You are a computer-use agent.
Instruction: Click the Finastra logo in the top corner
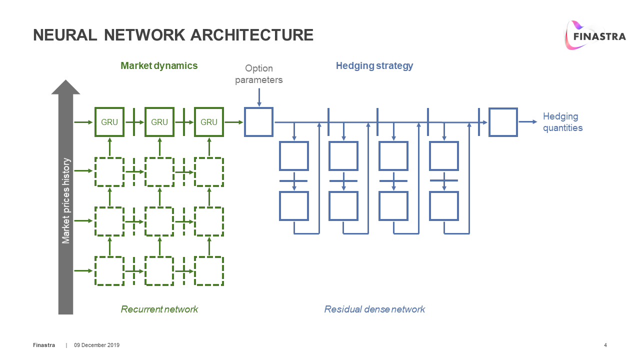(x=594, y=35)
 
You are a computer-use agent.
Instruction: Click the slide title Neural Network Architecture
(x=173, y=35)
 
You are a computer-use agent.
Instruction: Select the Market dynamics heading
(x=159, y=65)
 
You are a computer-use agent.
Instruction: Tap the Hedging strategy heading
(x=374, y=65)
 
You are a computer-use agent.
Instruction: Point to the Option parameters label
(x=258, y=74)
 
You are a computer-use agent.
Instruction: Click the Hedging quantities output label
(x=562, y=122)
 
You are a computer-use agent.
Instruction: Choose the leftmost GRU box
(x=109, y=122)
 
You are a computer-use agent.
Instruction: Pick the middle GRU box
(x=159, y=122)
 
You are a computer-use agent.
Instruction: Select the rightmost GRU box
(x=209, y=122)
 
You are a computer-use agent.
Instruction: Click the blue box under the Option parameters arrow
(x=258, y=122)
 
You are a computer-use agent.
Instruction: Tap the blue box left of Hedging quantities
(x=502, y=122)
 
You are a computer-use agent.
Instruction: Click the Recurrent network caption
(x=159, y=309)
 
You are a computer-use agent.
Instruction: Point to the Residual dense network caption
(x=374, y=309)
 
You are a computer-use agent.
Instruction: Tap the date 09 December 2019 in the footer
(x=97, y=345)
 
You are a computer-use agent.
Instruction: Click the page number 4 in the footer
(x=605, y=345)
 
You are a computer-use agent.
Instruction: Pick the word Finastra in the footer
(x=44, y=345)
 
